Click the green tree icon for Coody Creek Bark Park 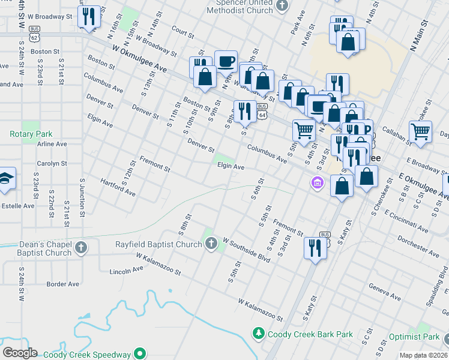click(x=259, y=332)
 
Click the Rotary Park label click(x=31, y=134)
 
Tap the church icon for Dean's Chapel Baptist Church click(x=82, y=247)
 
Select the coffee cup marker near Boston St click(x=226, y=61)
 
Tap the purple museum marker click(x=316, y=182)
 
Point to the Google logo click(x=20, y=353)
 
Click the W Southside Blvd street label click(x=246, y=249)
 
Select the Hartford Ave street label click(x=118, y=187)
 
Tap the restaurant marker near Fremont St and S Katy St click(x=315, y=246)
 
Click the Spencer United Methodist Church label click(x=247, y=7)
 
